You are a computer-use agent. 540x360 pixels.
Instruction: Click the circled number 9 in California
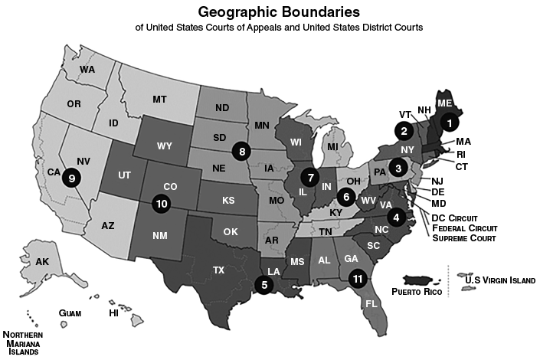point(72,178)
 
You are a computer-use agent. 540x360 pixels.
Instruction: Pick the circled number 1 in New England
point(450,121)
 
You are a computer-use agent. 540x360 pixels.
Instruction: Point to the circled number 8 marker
point(243,151)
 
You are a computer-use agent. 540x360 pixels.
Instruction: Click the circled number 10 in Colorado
point(162,204)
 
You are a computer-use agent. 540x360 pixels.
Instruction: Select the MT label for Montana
point(159,100)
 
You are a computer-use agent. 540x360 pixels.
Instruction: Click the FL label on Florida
point(371,303)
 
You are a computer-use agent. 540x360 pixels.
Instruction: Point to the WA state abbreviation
point(87,70)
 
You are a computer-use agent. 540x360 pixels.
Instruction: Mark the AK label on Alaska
point(43,262)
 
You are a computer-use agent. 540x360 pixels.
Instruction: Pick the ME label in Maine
point(445,103)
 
